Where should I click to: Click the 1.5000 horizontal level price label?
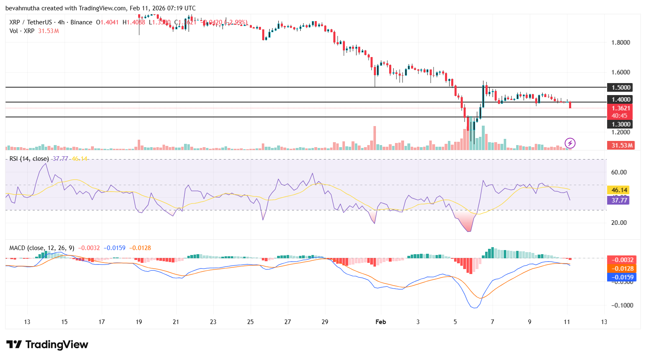point(620,87)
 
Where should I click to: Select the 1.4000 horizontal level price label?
point(620,99)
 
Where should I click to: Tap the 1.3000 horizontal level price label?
point(620,124)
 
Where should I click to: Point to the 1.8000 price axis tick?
point(620,42)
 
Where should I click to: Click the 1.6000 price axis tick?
point(620,72)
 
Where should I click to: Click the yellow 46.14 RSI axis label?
point(619,190)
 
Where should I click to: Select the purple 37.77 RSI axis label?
point(619,200)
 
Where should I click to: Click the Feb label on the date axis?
point(380,322)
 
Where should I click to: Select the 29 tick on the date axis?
point(325,322)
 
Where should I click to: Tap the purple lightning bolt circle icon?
point(570,143)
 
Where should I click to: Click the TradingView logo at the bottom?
point(47,344)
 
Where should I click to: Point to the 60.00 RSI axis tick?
point(619,172)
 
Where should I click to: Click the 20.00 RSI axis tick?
point(619,222)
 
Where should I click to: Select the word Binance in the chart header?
point(81,22)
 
